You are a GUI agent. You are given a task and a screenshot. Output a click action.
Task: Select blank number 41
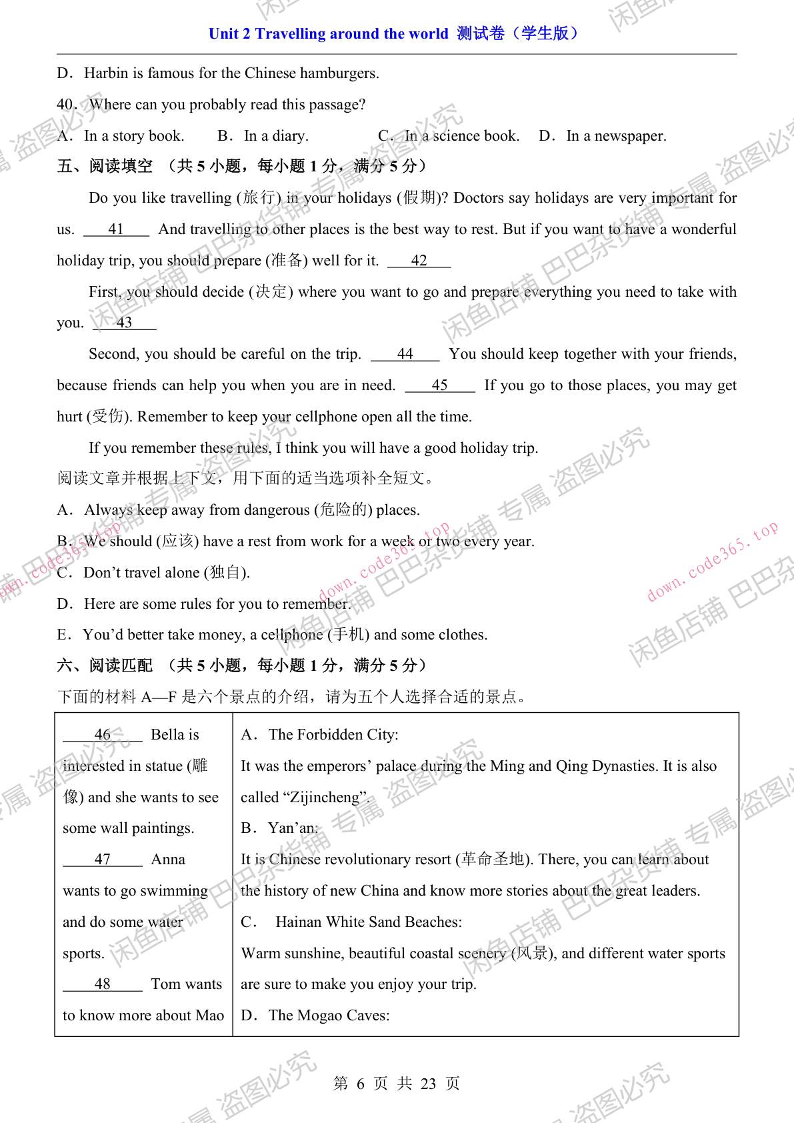116,229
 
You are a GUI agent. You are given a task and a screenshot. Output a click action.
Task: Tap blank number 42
419,261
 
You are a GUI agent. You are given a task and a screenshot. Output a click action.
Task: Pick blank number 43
124,323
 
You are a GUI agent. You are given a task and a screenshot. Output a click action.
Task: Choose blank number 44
405,354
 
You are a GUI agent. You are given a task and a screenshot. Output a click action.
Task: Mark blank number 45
439,385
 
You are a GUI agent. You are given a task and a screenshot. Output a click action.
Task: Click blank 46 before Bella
103,735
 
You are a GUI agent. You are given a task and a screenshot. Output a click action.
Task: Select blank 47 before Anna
103,860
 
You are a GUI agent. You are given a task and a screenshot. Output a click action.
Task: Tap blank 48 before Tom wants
103,984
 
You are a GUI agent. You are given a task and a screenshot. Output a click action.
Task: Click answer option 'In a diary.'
275,136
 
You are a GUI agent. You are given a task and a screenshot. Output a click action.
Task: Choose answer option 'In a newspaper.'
615,136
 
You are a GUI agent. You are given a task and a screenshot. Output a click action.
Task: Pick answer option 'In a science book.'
461,136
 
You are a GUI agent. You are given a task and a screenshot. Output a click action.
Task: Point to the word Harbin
106,73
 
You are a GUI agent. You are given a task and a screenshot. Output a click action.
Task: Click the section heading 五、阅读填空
105,166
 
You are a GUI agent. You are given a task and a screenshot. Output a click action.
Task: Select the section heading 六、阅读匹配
105,666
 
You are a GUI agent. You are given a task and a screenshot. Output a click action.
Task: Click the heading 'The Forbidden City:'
333,735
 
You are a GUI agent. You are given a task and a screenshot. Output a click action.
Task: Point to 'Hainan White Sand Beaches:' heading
369,922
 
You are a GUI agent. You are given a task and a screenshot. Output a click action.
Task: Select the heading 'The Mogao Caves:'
329,1016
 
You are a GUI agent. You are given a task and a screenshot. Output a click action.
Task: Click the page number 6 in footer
361,1084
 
